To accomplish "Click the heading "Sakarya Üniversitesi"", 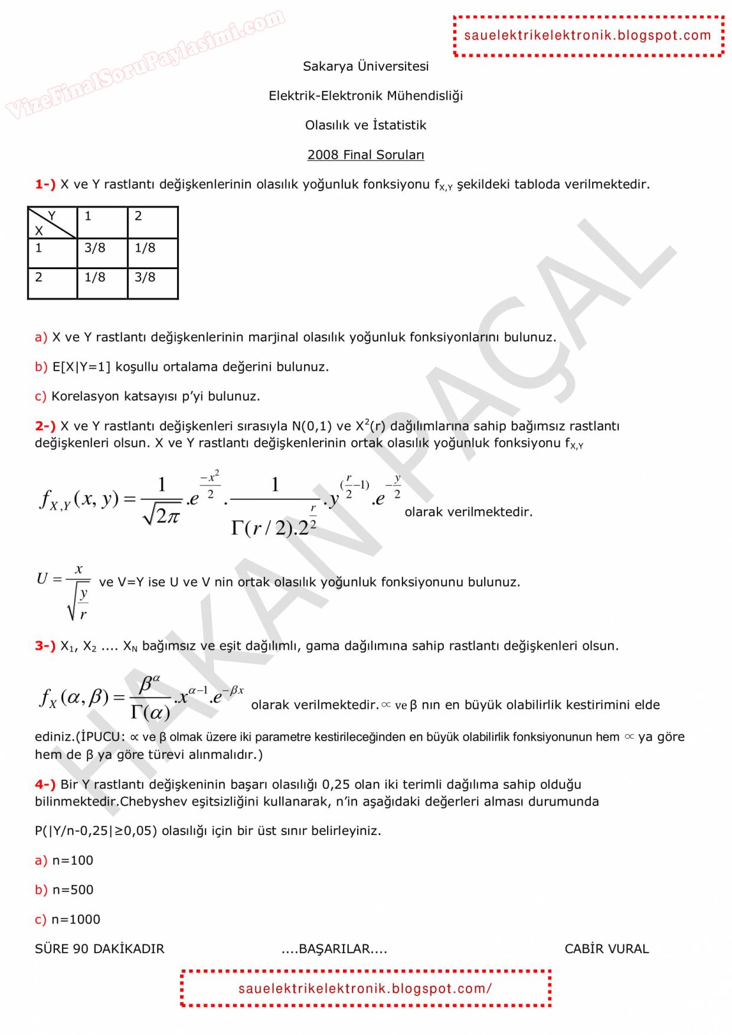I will point(365,66).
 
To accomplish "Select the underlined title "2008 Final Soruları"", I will point(365,155).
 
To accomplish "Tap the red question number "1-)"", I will point(45,184).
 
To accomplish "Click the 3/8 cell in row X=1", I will point(95,248).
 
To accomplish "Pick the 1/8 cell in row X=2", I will point(95,277).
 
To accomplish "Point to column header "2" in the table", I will point(138,216).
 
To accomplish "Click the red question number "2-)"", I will point(45,426).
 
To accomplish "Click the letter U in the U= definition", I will point(42,579).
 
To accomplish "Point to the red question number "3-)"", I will point(45,646).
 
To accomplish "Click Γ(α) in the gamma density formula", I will point(150,713).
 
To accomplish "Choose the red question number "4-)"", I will point(45,785).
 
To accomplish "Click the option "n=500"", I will point(73,890).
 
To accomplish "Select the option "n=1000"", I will point(76,919).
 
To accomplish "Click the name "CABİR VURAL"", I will point(606,949).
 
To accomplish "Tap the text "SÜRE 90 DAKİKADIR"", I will point(99,949).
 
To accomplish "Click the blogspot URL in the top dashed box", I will point(587,35).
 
